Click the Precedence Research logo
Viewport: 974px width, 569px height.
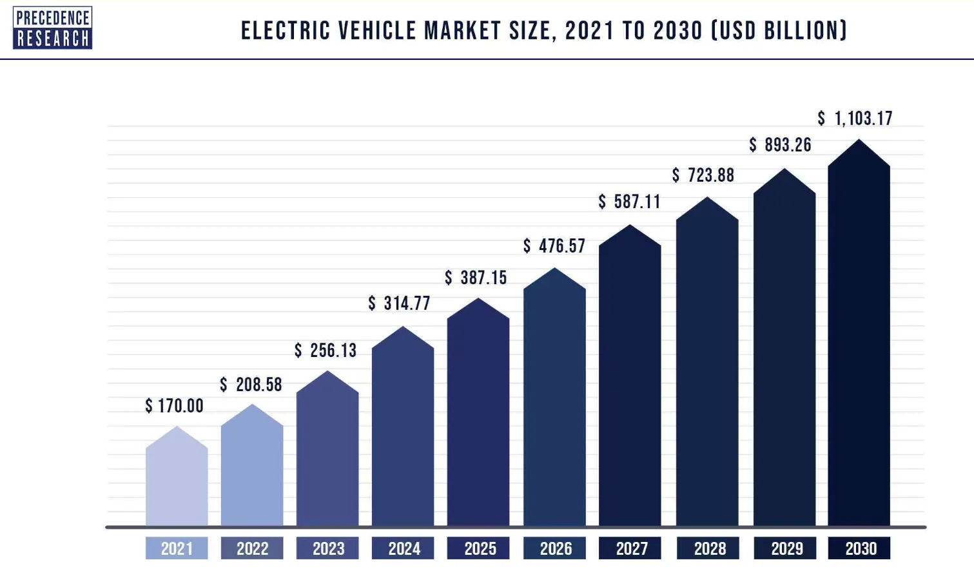pos(53,28)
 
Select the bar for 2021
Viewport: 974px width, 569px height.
pos(177,476)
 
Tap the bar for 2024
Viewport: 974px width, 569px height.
pos(403,427)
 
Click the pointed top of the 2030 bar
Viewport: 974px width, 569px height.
pos(859,140)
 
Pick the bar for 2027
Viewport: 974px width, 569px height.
pos(630,376)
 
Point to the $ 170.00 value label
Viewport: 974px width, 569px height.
pos(174,406)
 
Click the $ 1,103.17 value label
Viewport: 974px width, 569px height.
pos(855,118)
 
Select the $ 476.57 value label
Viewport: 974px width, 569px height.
pos(554,246)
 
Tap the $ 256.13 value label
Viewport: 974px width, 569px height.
pos(326,351)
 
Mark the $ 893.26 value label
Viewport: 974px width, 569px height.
pos(780,145)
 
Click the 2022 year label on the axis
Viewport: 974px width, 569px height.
pos(252,548)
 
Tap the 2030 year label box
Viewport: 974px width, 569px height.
pos(859,548)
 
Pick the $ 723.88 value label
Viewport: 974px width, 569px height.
pos(703,175)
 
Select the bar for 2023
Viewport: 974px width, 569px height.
pos(327,448)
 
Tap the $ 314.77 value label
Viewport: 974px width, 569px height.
pos(399,304)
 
